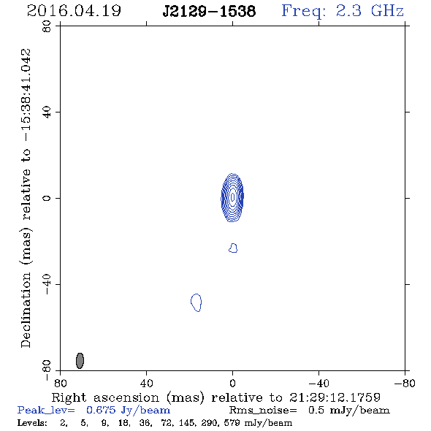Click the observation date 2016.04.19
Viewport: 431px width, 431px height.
[74, 11]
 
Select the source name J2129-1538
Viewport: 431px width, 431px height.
[209, 11]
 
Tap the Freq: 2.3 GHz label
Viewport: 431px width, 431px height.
[343, 11]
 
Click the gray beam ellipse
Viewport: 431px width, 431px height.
[80, 360]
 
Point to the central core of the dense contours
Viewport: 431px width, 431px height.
[233, 197]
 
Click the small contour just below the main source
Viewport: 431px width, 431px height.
[233, 248]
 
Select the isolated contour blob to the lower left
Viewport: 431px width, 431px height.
[197, 302]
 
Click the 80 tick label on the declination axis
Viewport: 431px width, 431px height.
[47, 26]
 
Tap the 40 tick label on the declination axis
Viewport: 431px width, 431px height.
[47, 112]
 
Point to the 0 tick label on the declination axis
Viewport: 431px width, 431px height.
[47, 198]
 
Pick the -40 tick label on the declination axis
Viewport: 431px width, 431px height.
[47, 284]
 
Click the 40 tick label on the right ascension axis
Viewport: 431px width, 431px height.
[146, 383]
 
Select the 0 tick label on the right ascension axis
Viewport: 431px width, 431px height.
[232, 383]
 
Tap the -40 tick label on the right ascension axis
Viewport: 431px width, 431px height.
[319, 383]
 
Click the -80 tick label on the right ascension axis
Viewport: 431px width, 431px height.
[405, 383]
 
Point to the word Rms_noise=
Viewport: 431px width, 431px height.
[263, 411]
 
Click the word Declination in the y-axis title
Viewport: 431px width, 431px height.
[26, 310]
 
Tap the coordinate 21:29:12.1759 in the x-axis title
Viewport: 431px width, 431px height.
[335, 397]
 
